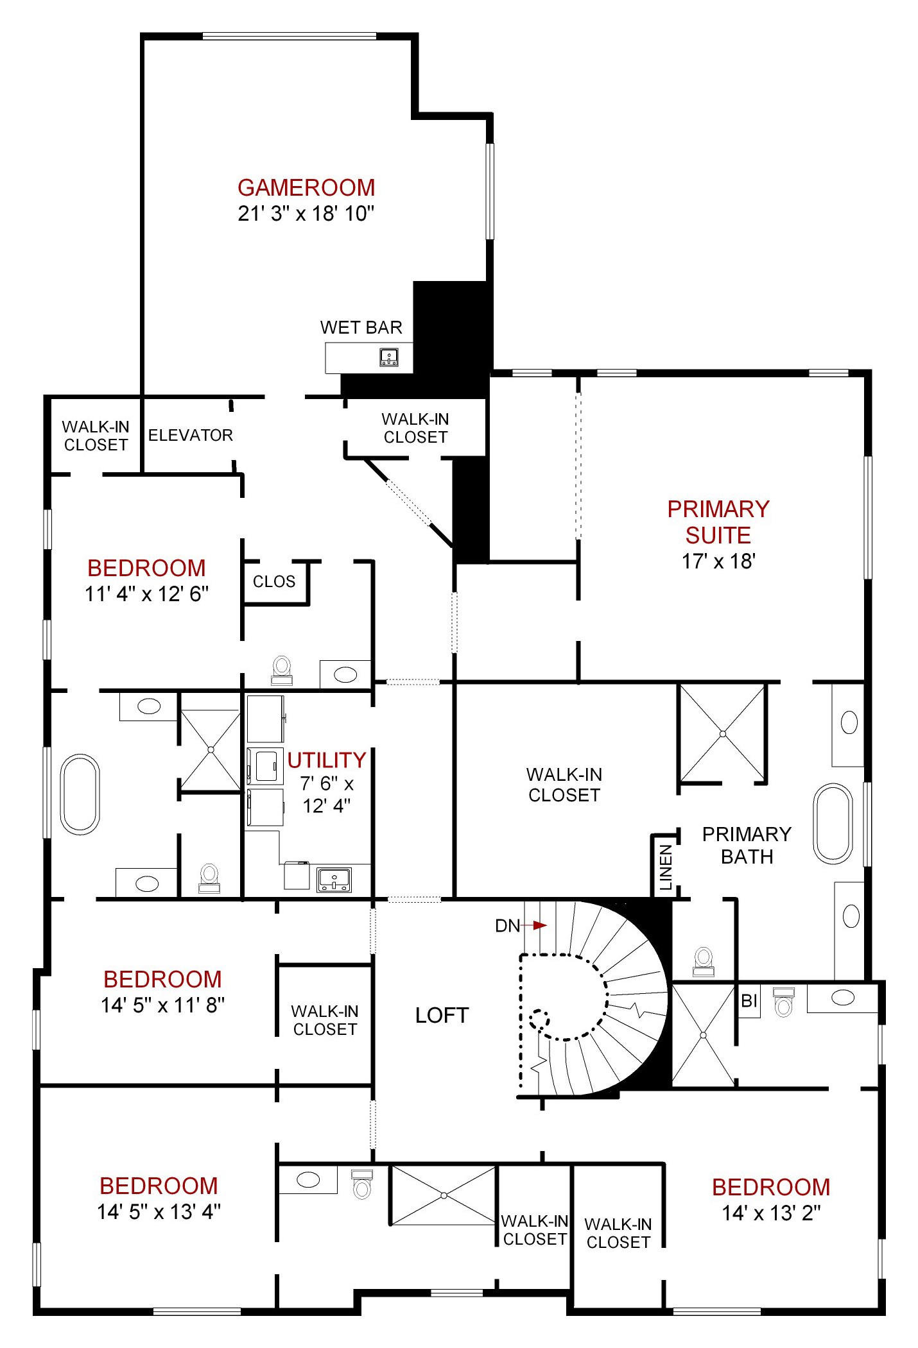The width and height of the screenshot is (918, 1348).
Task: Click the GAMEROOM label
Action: pos(306,188)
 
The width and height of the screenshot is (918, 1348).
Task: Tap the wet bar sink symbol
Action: pos(388,357)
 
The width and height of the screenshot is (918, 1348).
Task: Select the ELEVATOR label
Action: pos(190,436)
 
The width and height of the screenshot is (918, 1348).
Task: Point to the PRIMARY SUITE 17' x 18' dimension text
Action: pos(718,561)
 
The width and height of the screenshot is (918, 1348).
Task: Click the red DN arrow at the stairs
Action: pos(539,925)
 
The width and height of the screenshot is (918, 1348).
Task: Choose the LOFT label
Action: pos(442,1015)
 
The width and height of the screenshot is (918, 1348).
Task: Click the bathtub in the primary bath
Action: pos(833,823)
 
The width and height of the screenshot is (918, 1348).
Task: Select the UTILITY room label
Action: pos(326,760)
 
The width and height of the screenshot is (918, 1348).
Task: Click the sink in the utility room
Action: pos(334,879)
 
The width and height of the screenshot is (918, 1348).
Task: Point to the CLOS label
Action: pos(274,582)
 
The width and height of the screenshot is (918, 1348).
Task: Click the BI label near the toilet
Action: pos(749,1000)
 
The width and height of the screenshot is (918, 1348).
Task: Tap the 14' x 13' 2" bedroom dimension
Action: pos(771,1213)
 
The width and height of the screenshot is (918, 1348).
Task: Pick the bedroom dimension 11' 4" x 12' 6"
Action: pos(146,594)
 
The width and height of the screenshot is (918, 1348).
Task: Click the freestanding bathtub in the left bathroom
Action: pos(80,794)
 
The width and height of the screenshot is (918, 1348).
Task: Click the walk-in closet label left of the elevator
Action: pos(96,436)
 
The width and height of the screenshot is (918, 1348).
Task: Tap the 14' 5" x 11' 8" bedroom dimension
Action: pos(162,1005)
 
